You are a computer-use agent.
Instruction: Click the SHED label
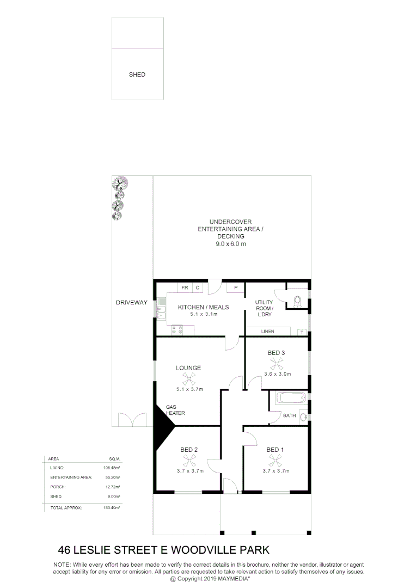(137, 75)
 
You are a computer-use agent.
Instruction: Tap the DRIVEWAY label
(131, 303)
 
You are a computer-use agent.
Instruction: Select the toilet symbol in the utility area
(297, 301)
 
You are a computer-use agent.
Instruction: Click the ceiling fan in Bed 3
(277, 363)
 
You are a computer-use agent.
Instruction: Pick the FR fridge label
(185, 287)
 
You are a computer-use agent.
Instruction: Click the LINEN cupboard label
(268, 331)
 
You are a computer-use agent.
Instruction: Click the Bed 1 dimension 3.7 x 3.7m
(276, 471)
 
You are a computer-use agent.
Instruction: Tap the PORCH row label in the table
(57, 487)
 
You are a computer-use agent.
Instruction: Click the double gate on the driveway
(132, 420)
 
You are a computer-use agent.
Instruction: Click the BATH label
(289, 416)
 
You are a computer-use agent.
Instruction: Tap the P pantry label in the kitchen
(236, 287)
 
